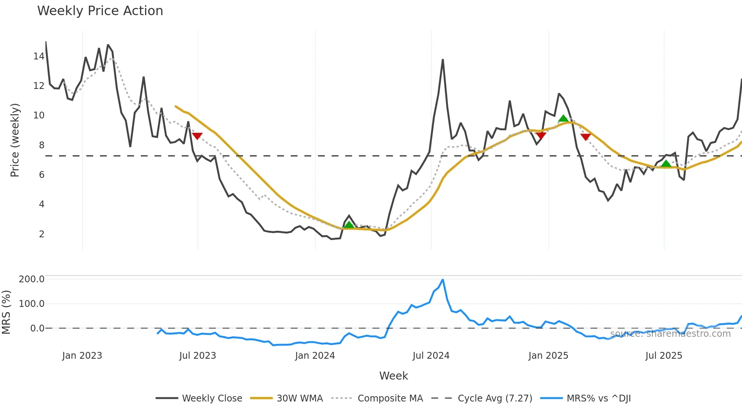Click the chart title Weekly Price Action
(100, 11)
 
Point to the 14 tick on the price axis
(39, 56)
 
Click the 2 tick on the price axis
(42, 234)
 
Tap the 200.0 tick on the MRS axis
(31, 279)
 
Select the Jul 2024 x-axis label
(431, 356)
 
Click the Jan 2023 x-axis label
(82, 356)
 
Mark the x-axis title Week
(393, 376)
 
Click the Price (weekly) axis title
(15, 140)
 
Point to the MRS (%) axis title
(6, 312)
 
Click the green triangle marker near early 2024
(349, 225)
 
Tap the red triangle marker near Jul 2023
(197, 136)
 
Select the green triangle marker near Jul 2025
(666, 164)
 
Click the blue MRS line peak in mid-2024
(443, 280)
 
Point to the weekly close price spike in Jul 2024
(443, 60)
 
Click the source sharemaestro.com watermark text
(670, 334)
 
